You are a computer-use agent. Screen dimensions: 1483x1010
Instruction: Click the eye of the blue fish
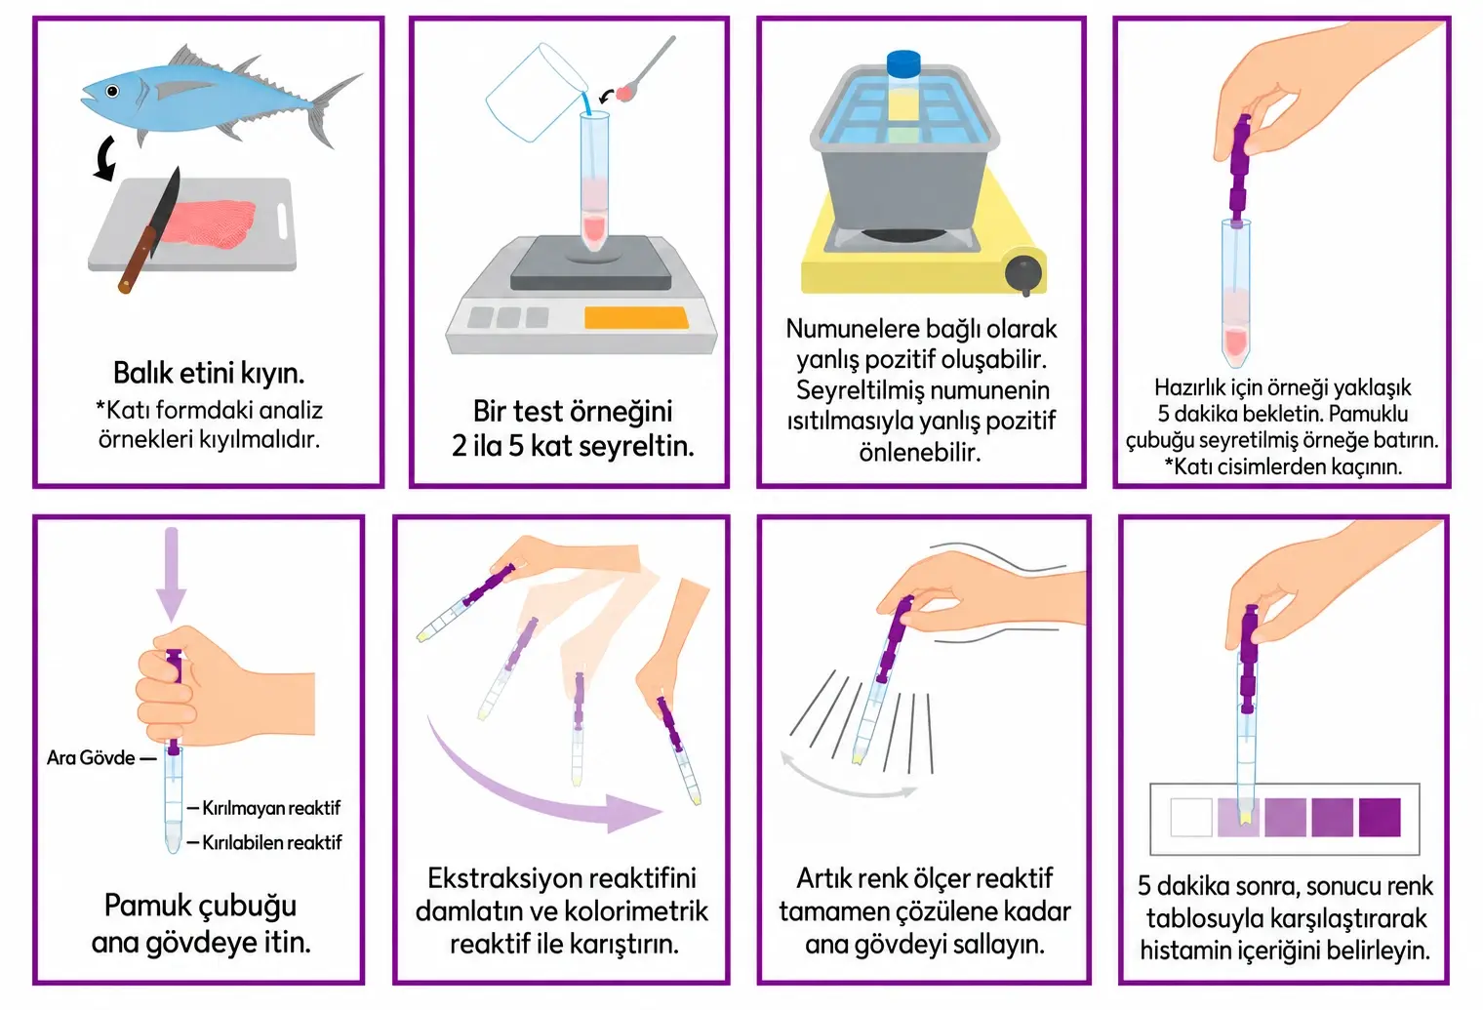pos(112,91)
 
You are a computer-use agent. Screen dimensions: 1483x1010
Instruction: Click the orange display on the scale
pos(636,317)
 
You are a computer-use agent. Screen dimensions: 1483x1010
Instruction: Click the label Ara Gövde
pos(91,757)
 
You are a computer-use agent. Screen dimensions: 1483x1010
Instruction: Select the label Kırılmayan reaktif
pos(271,808)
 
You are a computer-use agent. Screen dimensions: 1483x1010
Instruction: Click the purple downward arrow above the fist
pos(172,574)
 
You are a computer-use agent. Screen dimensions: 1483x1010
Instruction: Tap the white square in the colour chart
pos(1191,818)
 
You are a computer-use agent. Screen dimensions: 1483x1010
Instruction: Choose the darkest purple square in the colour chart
pos(1380,818)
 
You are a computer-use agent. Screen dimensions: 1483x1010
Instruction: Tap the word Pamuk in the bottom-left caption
pos(145,906)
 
